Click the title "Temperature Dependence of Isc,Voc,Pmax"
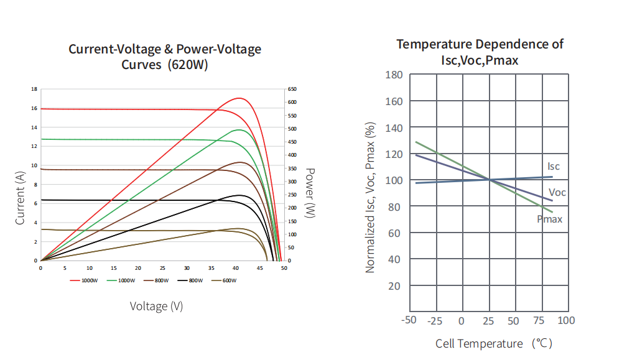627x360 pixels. [480, 52]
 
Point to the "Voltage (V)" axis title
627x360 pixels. [156, 306]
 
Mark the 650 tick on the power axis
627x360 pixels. [292, 89]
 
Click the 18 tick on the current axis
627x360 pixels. [34, 89]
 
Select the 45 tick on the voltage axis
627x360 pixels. [260, 268]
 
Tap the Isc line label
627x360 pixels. [554, 167]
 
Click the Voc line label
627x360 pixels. [557, 193]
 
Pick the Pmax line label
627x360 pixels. [550, 219]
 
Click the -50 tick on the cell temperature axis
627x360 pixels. [409, 320]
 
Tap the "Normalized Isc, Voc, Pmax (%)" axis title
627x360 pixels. [371, 198]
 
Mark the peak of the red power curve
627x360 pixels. [239, 98]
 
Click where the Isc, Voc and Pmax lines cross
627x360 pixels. [490, 180]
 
